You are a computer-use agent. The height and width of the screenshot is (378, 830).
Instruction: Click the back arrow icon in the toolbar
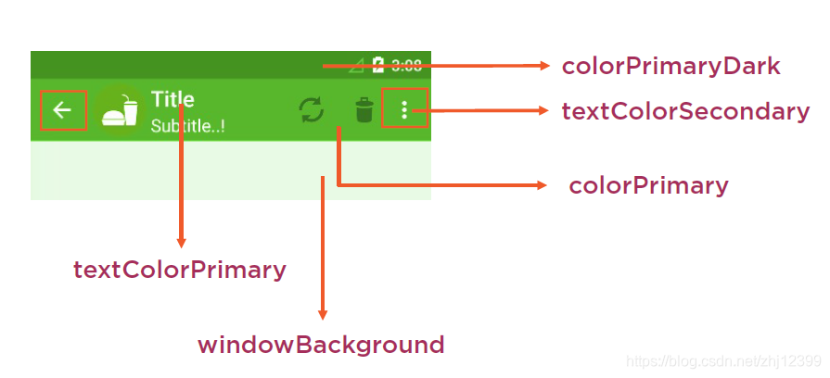point(62,111)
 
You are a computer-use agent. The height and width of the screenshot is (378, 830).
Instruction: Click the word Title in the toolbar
point(172,100)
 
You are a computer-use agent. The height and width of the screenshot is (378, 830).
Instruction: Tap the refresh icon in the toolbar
point(312,111)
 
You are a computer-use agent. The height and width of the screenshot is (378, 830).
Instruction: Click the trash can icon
point(364,111)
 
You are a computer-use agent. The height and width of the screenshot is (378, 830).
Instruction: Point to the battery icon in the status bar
point(378,65)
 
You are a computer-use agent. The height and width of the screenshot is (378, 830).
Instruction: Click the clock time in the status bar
point(406,65)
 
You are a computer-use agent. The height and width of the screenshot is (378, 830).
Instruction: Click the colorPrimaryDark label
point(670,67)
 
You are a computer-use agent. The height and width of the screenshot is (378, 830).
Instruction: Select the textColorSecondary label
point(685,112)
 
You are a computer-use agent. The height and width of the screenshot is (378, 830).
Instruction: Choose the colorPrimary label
point(648,185)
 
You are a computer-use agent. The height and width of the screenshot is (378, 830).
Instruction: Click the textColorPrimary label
point(180,271)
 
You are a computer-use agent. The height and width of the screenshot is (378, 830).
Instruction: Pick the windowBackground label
point(321,346)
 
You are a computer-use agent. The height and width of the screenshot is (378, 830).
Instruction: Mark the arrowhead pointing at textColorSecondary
point(545,111)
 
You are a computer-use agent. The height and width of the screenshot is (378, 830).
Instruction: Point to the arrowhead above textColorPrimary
point(181,243)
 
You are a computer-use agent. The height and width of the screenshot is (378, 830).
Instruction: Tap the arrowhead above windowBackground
point(323,315)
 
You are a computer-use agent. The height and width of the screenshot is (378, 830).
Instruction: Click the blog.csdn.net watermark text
point(723,360)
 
